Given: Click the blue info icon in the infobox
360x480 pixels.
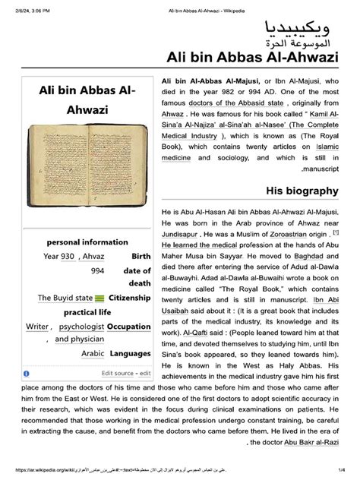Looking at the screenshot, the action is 27,374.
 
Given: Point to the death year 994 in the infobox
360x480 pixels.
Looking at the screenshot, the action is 97,270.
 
